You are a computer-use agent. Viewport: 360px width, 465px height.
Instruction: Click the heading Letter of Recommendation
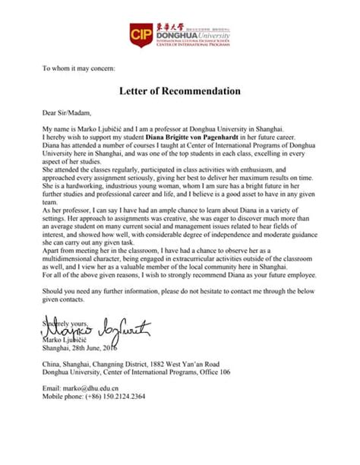pyautogui.click(x=180, y=91)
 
